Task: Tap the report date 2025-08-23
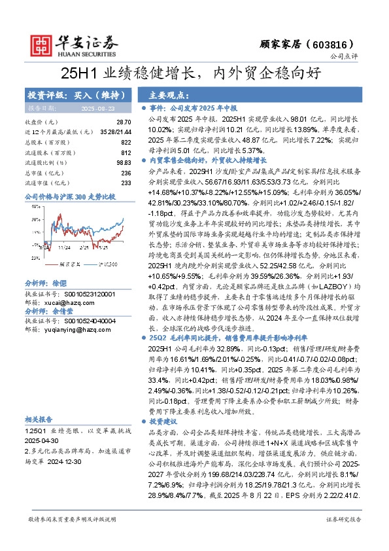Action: [97, 108]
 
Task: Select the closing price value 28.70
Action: [124, 122]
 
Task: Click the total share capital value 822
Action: [126, 141]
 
